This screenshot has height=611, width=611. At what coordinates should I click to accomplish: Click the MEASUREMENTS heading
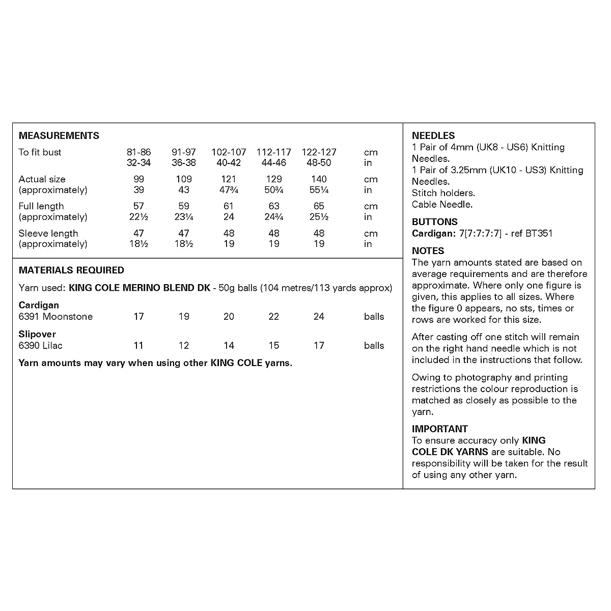click(x=59, y=136)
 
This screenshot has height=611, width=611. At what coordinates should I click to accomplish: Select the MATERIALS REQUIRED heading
click(x=71, y=270)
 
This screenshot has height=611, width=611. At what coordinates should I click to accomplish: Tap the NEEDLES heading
click(x=433, y=136)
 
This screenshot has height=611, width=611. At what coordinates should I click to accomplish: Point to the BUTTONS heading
click(x=434, y=222)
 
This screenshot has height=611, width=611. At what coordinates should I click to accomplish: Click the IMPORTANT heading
click(x=439, y=429)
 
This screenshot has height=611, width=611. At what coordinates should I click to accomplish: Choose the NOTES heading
click(x=428, y=251)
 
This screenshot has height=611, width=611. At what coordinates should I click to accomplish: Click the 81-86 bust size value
click(x=138, y=152)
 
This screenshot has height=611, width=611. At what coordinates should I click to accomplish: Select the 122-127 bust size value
click(x=319, y=152)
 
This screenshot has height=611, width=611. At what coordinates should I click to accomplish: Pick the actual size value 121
click(x=229, y=179)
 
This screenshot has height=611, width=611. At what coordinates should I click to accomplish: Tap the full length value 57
click(x=138, y=206)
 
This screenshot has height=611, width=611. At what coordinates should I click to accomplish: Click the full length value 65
click(x=319, y=206)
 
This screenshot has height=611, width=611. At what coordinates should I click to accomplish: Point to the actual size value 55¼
click(x=319, y=190)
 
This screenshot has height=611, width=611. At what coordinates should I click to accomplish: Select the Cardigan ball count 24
click(x=319, y=317)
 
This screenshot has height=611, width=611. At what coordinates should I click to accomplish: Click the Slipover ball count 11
click(x=138, y=346)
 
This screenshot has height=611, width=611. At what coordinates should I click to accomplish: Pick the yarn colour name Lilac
click(x=52, y=346)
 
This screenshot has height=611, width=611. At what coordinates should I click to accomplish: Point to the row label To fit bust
click(x=40, y=152)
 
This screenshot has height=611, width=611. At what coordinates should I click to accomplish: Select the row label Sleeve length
click(x=48, y=234)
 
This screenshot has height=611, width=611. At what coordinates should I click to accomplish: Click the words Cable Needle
click(x=442, y=205)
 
